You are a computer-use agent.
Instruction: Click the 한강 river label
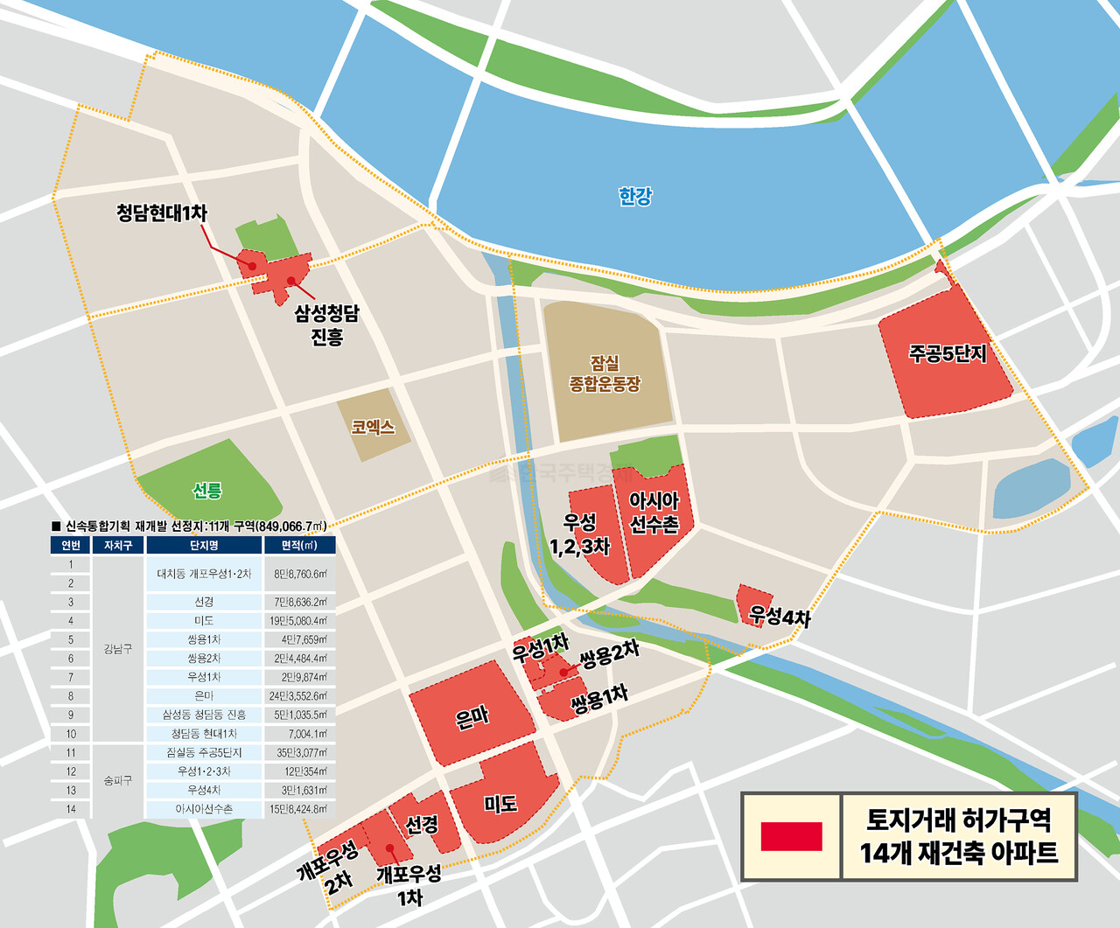coord(634,196)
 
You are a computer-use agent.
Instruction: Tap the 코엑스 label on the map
coord(373,427)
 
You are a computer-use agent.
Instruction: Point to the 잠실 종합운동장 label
coord(605,373)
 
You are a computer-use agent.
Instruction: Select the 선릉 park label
coord(207,490)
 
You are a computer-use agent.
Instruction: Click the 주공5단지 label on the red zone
coord(948,353)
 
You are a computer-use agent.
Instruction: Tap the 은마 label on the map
coord(472,718)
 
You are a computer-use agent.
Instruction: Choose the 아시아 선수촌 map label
coord(654,512)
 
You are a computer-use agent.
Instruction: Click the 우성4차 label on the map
coord(780,616)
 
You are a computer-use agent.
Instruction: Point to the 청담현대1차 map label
coord(162,213)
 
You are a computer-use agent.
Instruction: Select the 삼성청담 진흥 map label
coord(326,324)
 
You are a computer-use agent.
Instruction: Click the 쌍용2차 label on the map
coord(609,654)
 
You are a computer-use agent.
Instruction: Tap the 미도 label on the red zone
coord(500,804)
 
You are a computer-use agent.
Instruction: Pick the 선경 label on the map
coord(422,824)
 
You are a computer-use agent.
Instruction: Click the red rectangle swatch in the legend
coord(791,836)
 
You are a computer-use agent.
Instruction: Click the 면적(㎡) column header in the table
coord(298,545)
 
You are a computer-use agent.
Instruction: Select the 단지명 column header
coord(204,545)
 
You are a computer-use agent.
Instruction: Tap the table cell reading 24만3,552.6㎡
coord(298,696)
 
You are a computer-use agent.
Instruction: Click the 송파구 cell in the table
coord(118,780)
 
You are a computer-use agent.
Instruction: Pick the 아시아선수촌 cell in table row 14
coord(204,809)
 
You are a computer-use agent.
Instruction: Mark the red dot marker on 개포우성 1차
coord(389,848)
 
